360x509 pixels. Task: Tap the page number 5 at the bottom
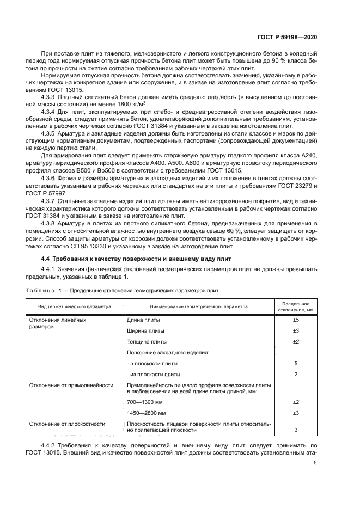(x=315, y=463)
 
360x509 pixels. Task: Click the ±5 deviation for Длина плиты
(x=296, y=320)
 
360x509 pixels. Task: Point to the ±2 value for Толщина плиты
(x=296, y=342)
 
